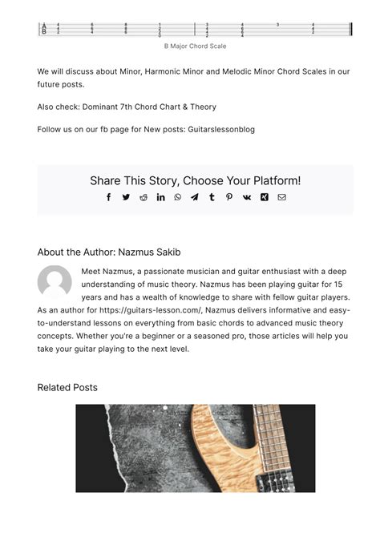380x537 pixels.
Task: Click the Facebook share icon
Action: tap(109, 197)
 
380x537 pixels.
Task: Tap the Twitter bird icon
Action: tap(126, 197)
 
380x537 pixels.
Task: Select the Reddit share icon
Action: tap(144, 197)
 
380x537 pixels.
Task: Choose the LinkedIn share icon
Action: tap(160, 197)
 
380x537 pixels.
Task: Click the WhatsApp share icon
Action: tap(178, 197)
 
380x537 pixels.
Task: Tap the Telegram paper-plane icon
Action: tap(195, 197)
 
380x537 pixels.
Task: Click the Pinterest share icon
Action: tap(229, 197)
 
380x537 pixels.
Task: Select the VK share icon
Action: tap(247, 197)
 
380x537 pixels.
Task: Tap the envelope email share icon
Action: tap(281, 197)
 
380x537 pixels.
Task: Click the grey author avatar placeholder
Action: tap(55, 282)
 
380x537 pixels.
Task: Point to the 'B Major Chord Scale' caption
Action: tap(195, 46)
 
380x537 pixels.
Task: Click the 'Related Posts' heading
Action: tap(67, 388)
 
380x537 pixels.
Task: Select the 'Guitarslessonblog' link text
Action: tap(221, 129)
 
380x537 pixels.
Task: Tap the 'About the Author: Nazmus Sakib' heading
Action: tap(109, 252)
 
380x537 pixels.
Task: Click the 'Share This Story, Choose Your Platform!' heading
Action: tap(195, 181)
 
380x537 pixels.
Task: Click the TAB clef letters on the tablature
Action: tap(44, 30)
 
